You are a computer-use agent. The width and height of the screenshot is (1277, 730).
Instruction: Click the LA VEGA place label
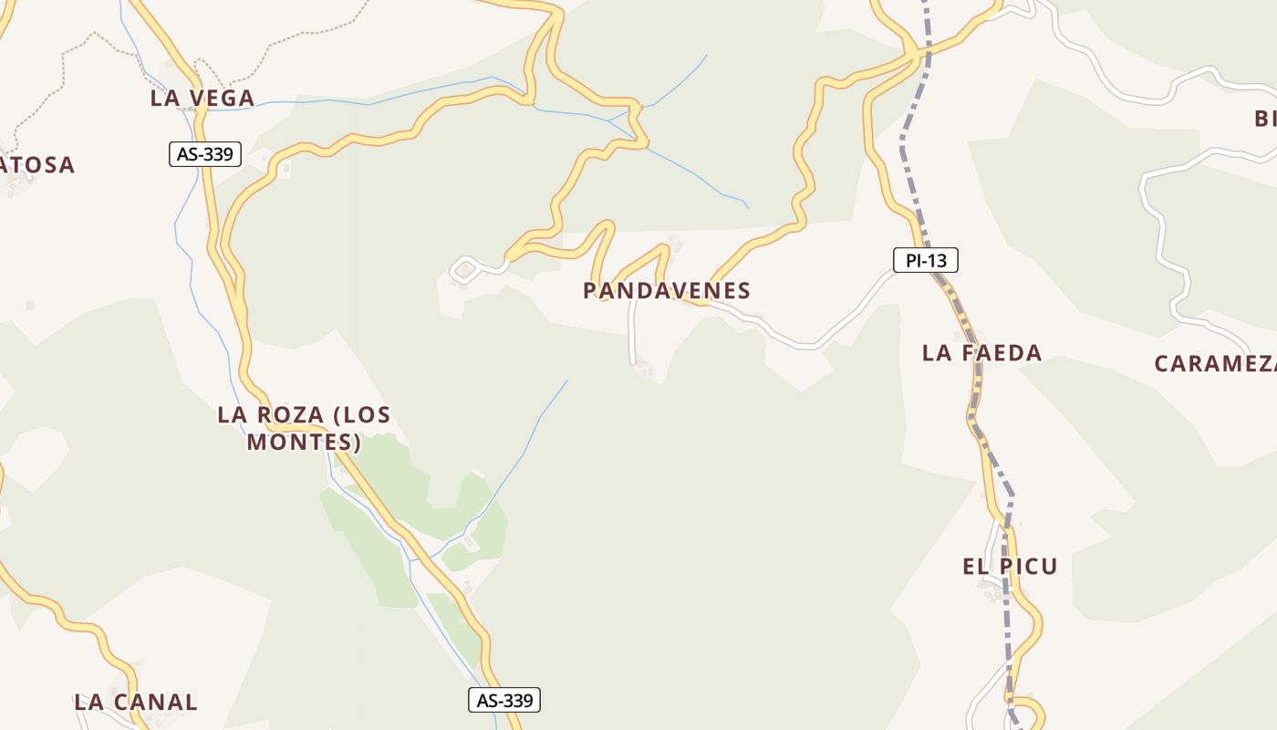pos(202,99)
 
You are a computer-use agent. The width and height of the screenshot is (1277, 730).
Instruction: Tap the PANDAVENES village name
pos(666,291)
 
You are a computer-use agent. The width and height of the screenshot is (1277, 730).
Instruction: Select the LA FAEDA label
pos(981,353)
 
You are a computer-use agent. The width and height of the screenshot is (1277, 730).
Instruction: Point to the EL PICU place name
pos(1010,567)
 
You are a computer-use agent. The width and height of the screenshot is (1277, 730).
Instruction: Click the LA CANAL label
pos(135,703)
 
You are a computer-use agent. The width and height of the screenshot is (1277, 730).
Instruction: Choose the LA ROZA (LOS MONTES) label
pos(304,428)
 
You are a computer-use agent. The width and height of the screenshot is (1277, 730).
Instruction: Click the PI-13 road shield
pos(926,261)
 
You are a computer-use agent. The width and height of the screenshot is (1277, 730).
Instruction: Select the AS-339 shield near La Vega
pos(205,154)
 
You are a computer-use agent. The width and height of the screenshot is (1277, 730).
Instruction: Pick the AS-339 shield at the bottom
pos(504,701)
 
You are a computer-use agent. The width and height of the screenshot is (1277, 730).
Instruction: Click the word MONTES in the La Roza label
pos(304,443)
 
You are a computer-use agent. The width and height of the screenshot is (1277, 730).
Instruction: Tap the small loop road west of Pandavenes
pos(465,269)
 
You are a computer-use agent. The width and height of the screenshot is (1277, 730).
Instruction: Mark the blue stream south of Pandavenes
pos(529,438)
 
